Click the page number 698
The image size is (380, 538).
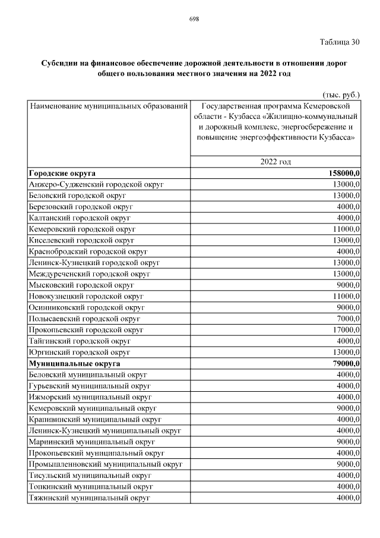click(194, 19)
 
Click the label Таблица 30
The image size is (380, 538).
click(340, 42)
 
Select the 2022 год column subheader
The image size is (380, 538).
click(275, 162)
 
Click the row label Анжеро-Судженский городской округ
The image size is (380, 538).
click(96, 184)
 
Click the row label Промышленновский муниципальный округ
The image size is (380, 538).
click(105, 464)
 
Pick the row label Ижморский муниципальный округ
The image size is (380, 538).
click(90, 397)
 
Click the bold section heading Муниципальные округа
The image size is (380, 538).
click(74, 363)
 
